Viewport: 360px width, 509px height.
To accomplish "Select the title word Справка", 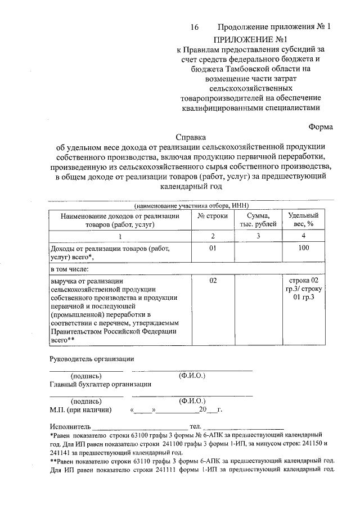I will click(x=191, y=137).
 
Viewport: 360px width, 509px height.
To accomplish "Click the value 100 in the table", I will click(x=303, y=248).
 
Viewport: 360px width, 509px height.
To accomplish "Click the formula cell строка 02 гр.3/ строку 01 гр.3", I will click(x=303, y=289).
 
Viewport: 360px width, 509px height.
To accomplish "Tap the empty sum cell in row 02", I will click(x=257, y=309).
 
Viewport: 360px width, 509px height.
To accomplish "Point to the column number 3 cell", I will click(x=257, y=236).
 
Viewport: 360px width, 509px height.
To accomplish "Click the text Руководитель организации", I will click(x=92, y=358).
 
